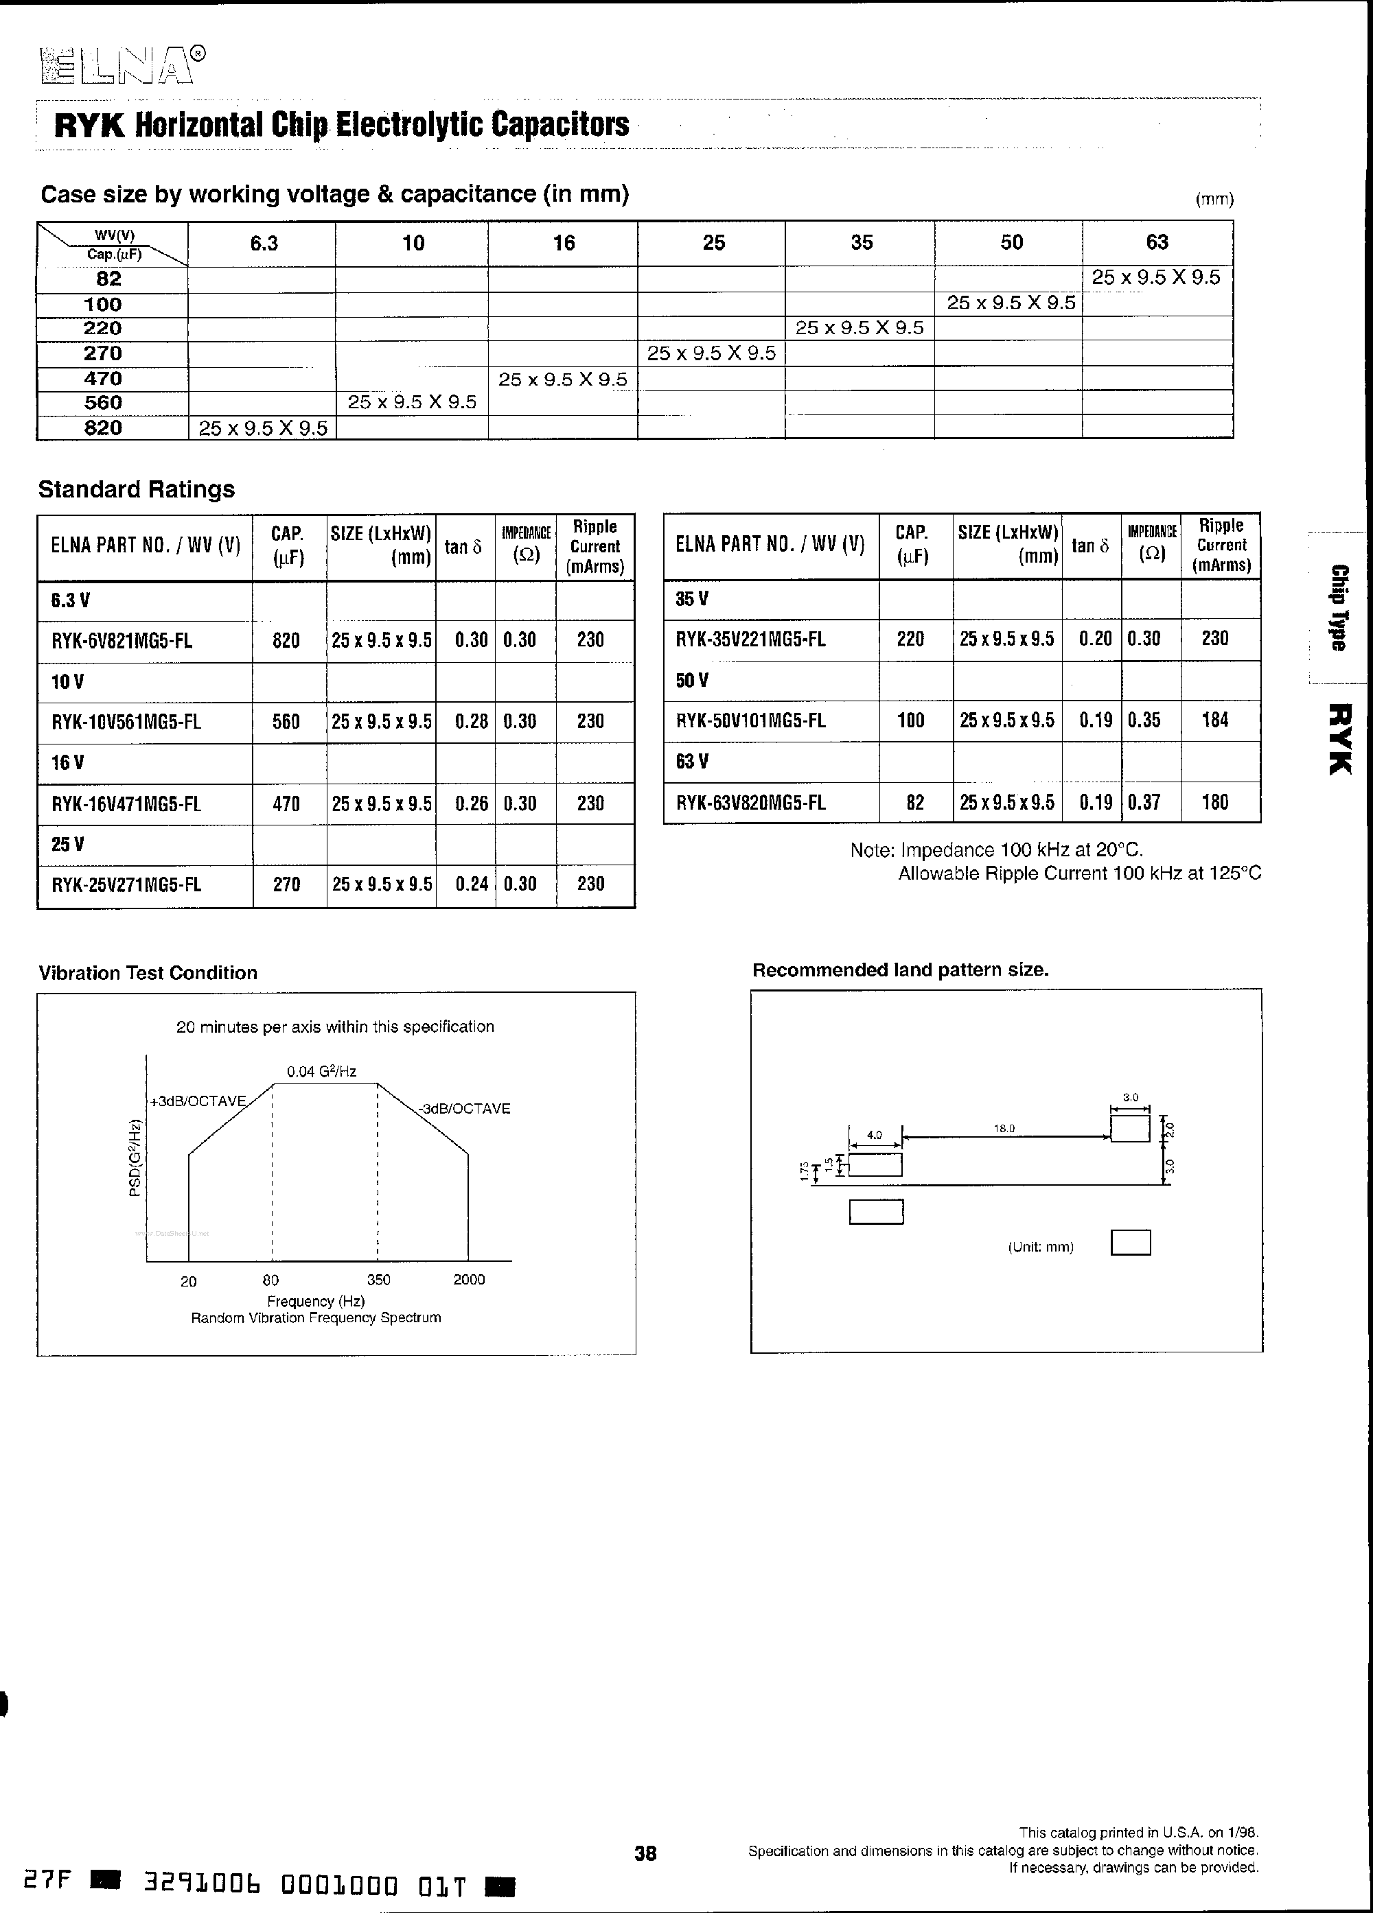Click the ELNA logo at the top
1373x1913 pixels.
118,67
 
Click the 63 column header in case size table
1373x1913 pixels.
1156,243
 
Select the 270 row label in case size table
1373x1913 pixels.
103,353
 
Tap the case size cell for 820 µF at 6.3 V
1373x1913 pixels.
262,428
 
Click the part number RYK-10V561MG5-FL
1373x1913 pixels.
126,722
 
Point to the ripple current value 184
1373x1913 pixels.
1214,720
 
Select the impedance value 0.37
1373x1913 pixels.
1144,802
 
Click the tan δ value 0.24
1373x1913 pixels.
471,884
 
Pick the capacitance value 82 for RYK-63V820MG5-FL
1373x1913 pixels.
915,802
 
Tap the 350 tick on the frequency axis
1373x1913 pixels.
378,1280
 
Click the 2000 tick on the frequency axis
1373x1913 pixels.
468,1280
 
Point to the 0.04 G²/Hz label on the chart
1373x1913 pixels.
321,1072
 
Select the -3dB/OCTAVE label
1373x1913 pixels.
465,1108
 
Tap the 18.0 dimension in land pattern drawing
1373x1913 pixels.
1004,1129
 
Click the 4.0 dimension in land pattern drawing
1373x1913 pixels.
875,1136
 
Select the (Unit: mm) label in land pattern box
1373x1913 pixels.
1041,1247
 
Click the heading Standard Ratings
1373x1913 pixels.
137,489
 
